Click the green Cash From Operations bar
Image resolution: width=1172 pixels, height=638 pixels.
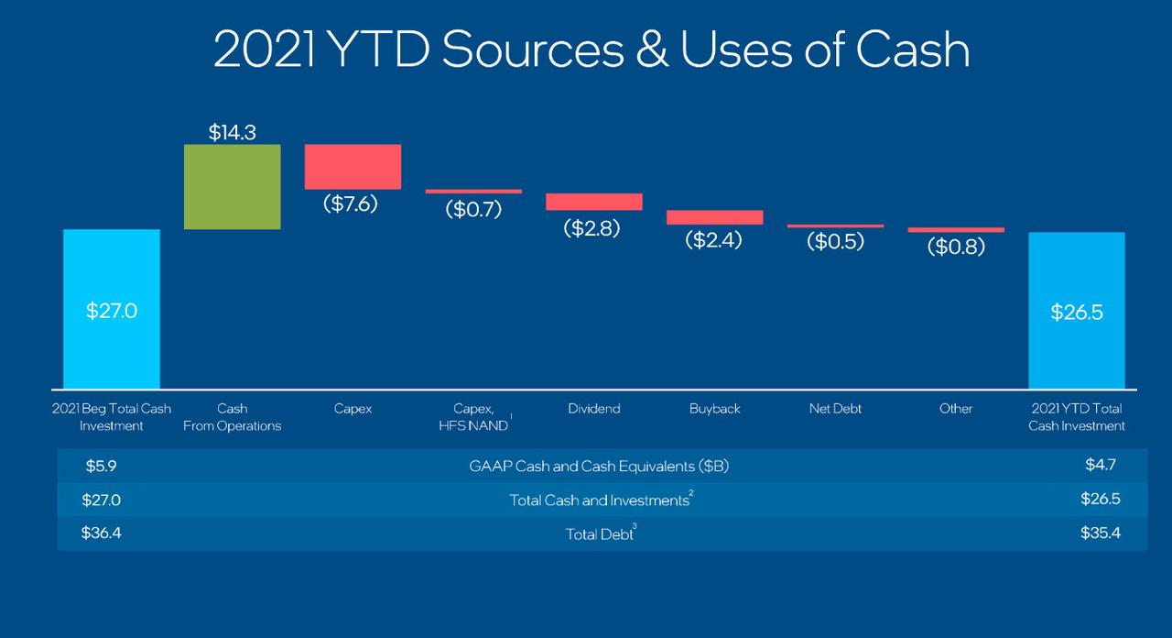pos(232,187)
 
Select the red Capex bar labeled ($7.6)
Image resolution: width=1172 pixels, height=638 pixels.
pos(353,166)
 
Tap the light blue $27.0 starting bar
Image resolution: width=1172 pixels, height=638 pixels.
pos(112,309)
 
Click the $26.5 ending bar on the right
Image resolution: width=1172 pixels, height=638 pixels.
pos(1077,310)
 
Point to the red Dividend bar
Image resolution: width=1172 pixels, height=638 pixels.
pos(593,202)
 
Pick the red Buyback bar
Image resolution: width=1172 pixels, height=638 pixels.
pos(714,217)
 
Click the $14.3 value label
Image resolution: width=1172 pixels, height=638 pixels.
pos(232,132)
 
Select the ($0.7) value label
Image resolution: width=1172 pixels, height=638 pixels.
pos(473,209)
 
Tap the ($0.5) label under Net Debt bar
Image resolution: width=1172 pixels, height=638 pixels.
pos(835,242)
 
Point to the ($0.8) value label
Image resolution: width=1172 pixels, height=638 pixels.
pos(956,246)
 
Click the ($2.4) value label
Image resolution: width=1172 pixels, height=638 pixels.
pos(714,240)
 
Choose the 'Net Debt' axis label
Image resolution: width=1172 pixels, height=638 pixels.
pos(835,409)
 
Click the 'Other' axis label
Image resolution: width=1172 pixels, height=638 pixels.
pos(956,409)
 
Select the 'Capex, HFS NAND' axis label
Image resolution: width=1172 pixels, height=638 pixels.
pos(474,417)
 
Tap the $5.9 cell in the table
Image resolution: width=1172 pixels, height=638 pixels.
pos(101,466)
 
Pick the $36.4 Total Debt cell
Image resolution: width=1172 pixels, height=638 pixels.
pos(101,533)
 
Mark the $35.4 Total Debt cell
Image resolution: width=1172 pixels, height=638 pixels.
pos(1100,533)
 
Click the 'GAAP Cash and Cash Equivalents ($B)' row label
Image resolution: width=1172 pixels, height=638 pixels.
pos(599,466)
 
